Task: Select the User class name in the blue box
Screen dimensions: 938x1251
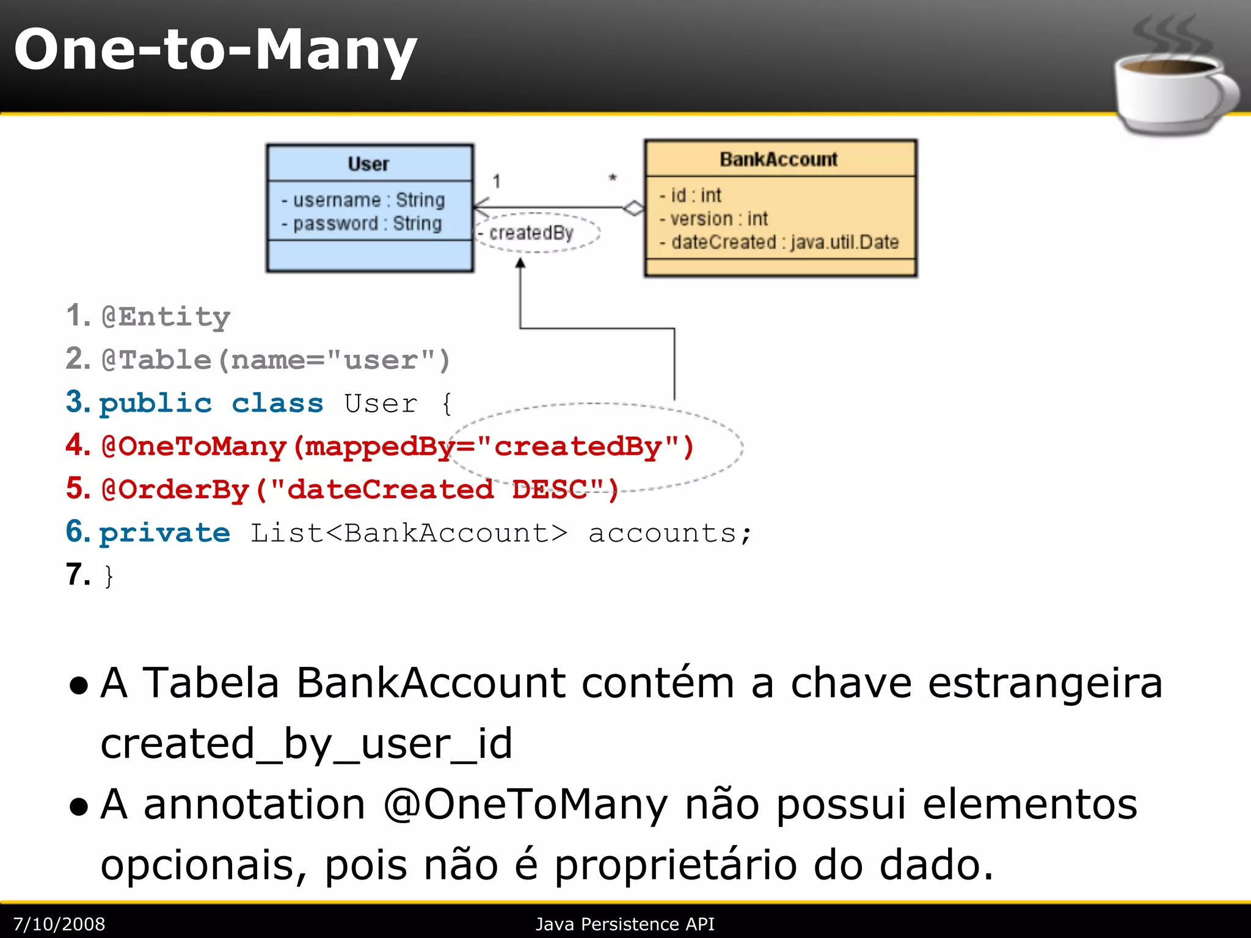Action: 368,164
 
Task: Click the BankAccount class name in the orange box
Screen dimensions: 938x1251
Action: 778,159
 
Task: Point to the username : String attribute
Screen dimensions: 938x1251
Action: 363,200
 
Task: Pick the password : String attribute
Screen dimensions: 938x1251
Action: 362,224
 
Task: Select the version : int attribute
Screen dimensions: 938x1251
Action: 713,219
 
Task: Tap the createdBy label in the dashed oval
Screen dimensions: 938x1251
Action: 531,233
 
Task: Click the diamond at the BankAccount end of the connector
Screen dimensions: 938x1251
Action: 633,208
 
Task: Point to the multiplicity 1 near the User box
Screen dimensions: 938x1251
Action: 497,181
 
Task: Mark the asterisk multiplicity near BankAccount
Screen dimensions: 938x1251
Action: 613,178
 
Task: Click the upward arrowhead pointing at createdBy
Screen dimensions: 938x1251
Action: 520,263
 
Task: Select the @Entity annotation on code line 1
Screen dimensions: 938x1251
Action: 166,317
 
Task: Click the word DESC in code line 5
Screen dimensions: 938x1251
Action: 550,490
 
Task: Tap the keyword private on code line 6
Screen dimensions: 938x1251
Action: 165,533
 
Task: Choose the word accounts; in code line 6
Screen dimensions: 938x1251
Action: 669,533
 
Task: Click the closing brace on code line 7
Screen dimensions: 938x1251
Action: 109,576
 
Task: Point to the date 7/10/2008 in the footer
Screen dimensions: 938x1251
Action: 59,924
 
